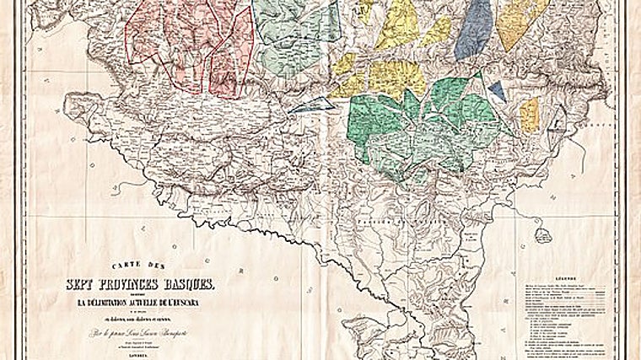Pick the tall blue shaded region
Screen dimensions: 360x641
pyautogui.click(x=474, y=30)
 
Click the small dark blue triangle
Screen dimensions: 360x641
pyautogui.click(x=497, y=89)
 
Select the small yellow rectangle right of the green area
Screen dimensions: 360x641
pyautogui.click(x=529, y=114)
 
